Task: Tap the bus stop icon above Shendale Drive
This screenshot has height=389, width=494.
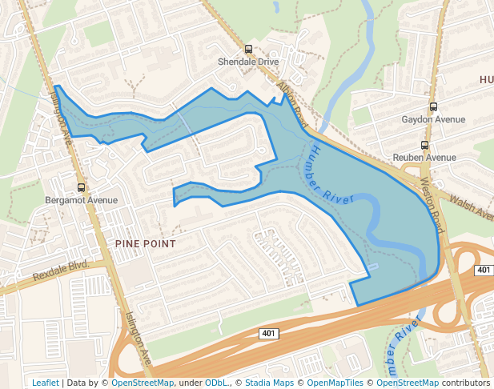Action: [248, 49]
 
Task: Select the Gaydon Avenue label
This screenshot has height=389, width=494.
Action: [433, 119]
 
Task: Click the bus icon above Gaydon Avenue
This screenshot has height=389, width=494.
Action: [433, 106]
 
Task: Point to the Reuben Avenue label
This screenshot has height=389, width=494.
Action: [424, 158]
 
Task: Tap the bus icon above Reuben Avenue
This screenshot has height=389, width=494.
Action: [424, 146]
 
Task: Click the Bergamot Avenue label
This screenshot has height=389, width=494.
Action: [81, 200]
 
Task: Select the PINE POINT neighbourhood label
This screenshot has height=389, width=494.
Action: [145, 242]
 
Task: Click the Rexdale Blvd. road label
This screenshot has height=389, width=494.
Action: [59, 271]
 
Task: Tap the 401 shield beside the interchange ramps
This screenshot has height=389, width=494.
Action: [483, 271]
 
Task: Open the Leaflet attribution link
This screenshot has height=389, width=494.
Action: [45, 383]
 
